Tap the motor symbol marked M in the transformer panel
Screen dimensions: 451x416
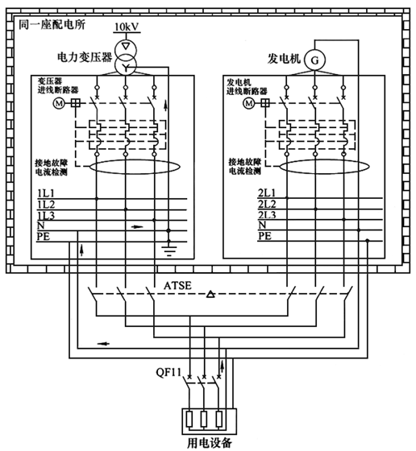(x=57, y=104)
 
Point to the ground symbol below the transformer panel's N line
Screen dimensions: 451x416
(x=168, y=246)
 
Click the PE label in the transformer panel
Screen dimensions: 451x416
(x=44, y=237)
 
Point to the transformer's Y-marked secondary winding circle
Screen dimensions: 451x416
(x=125, y=68)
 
